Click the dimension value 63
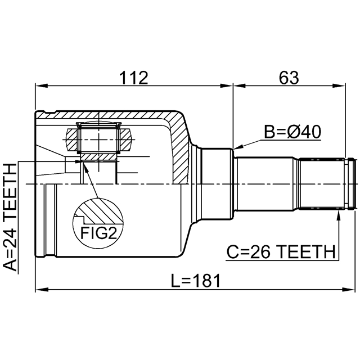point(288,77)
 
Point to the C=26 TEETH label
point(281,251)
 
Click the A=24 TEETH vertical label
point(11,217)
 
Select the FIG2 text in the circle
point(98,231)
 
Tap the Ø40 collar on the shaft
point(218,184)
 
